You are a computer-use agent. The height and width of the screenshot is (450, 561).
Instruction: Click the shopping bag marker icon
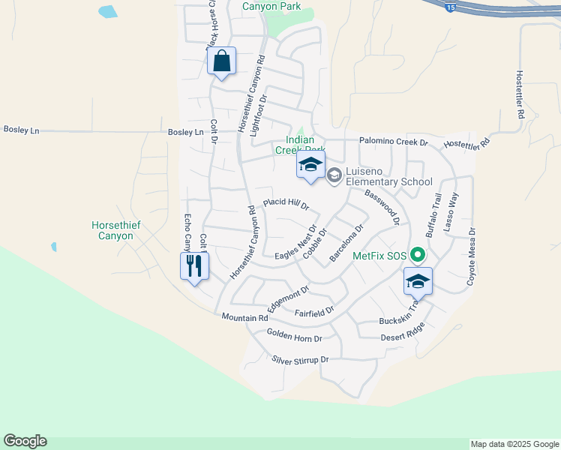(x=222, y=61)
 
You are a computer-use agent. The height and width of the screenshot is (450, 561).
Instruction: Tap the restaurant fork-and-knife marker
(x=194, y=266)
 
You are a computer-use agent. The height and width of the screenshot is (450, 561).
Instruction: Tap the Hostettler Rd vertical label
(x=519, y=95)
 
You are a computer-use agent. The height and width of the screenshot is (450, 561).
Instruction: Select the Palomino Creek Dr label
(x=393, y=142)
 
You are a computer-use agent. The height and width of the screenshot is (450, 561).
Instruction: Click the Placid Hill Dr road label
(x=286, y=204)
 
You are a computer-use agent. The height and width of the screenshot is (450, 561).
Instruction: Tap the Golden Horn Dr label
(x=294, y=338)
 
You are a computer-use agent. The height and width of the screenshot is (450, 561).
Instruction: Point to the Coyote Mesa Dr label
(x=472, y=256)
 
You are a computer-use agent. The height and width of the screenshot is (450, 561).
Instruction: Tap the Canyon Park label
(x=271, y=7)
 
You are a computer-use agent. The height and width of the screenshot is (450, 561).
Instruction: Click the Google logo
(x=25, y=441)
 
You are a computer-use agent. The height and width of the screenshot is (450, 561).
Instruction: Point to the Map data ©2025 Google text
(x=514, y=444)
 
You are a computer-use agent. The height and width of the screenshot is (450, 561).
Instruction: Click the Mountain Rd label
(x=244, y=318)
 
